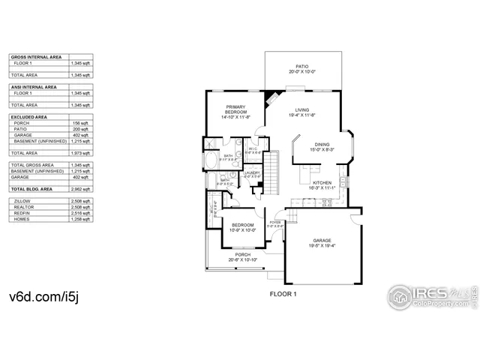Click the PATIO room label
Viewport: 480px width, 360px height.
[x=302, y=66]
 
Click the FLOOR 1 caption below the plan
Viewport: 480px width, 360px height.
[x=283, y=293]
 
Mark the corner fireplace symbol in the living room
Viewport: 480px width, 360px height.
[x=270, y=97]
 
